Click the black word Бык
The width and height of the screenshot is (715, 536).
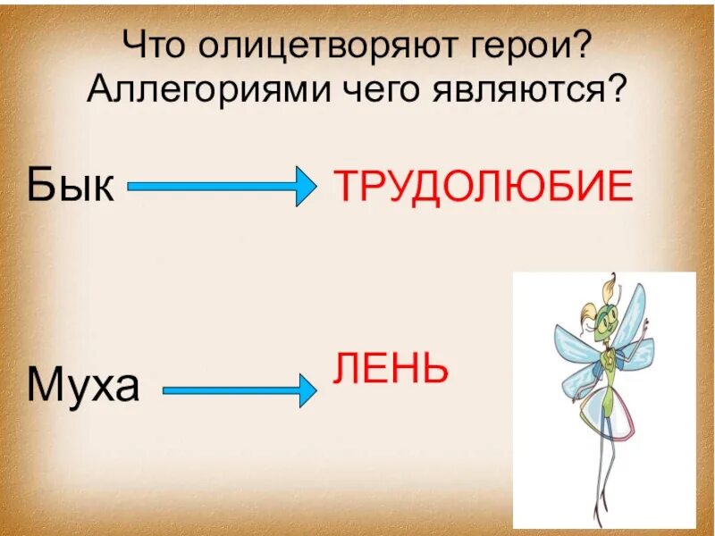click(70, 185)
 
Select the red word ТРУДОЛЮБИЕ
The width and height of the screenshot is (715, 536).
click(484, 187)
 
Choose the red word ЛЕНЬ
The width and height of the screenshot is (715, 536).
click(391, 368)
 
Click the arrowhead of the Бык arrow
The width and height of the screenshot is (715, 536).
click(304, 187)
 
